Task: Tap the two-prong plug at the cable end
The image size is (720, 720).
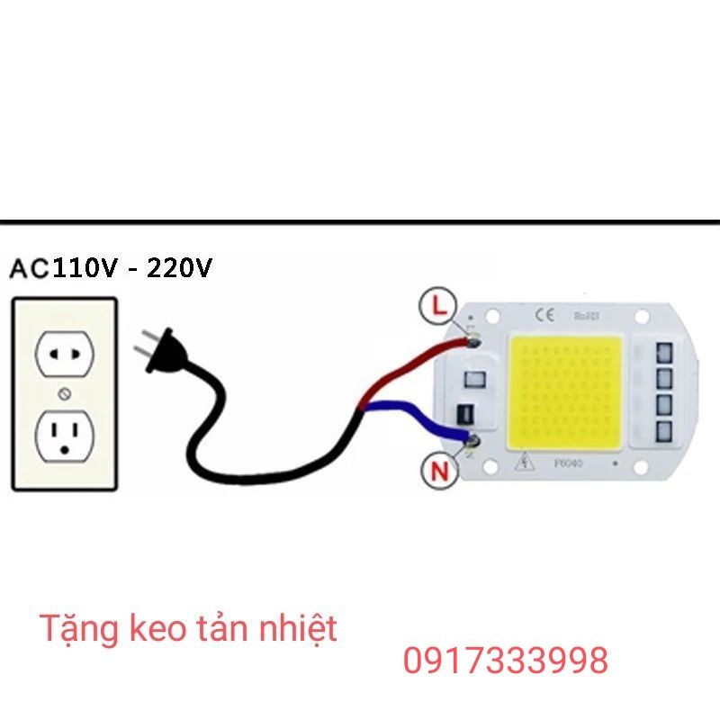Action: pos(157,352)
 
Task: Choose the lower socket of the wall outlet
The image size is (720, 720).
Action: pos(64,436)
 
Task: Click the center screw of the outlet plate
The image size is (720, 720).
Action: pos(64,393)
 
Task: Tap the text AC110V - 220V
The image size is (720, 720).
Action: pos(111,268)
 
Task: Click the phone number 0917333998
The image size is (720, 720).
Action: pos(506,661)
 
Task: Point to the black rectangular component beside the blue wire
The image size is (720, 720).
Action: pos(464,416)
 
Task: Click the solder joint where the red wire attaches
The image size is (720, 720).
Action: pos(472,342)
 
